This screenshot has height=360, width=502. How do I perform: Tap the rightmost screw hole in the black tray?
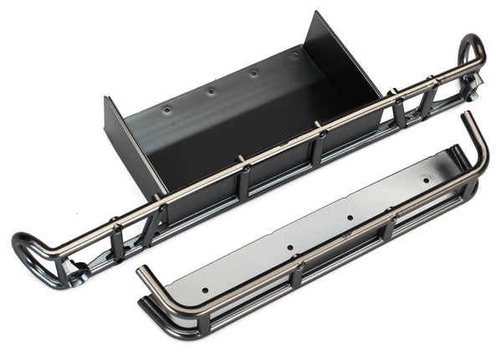click(295, 55)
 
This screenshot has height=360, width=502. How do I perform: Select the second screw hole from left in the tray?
click(211, 90)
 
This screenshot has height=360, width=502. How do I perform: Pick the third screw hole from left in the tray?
click(254, 73)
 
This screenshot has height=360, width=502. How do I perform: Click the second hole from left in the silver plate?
click(289, 249)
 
